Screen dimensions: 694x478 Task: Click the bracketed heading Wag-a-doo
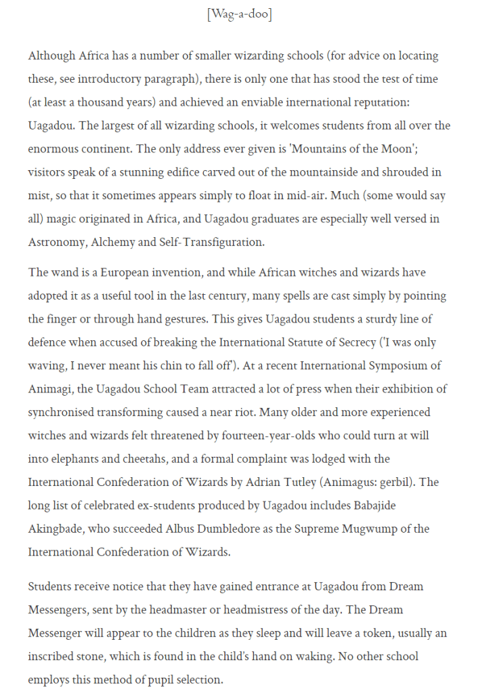click(239, 14)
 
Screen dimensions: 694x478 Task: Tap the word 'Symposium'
click(393, 366)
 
